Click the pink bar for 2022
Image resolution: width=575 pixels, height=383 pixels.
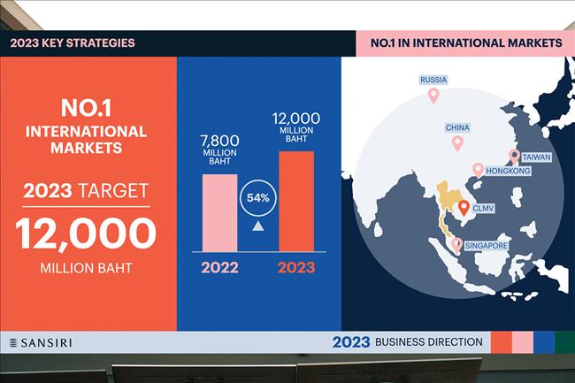(x=219, y=213)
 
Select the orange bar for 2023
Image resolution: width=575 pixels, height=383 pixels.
(x=296, y=201)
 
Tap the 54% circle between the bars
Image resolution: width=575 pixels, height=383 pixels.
(x=257, y=198)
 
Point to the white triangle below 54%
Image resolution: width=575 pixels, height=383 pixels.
(x=257, y=226)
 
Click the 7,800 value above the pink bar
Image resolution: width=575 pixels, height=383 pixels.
(x=219, y=141)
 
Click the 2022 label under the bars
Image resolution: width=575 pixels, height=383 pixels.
(x=219, y=267)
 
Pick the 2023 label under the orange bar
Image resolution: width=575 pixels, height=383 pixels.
(x=296, y=267)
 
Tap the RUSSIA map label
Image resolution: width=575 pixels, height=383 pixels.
(x=433, y=80)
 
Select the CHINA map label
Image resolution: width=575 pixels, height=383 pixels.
(x=457, y=127)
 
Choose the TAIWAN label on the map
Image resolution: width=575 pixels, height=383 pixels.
(x=536, y=157)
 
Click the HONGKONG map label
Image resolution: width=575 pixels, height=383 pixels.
(x=508, y=171)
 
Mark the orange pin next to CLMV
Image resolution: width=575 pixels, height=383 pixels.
(x=464, y=208)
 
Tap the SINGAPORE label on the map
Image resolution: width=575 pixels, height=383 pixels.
(x=486, y=246)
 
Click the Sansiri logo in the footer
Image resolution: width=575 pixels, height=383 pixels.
(x=41, y=342)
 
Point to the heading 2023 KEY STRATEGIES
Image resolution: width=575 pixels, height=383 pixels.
(x=73, y=42)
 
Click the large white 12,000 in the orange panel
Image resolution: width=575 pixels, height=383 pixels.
(x=86, y=234)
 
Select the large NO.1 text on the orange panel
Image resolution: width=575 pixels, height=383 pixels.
(x=86, y=108)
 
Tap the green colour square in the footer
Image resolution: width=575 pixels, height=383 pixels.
(x=564, y=342)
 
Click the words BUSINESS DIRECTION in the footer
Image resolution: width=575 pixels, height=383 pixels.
(x=429, y=342)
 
